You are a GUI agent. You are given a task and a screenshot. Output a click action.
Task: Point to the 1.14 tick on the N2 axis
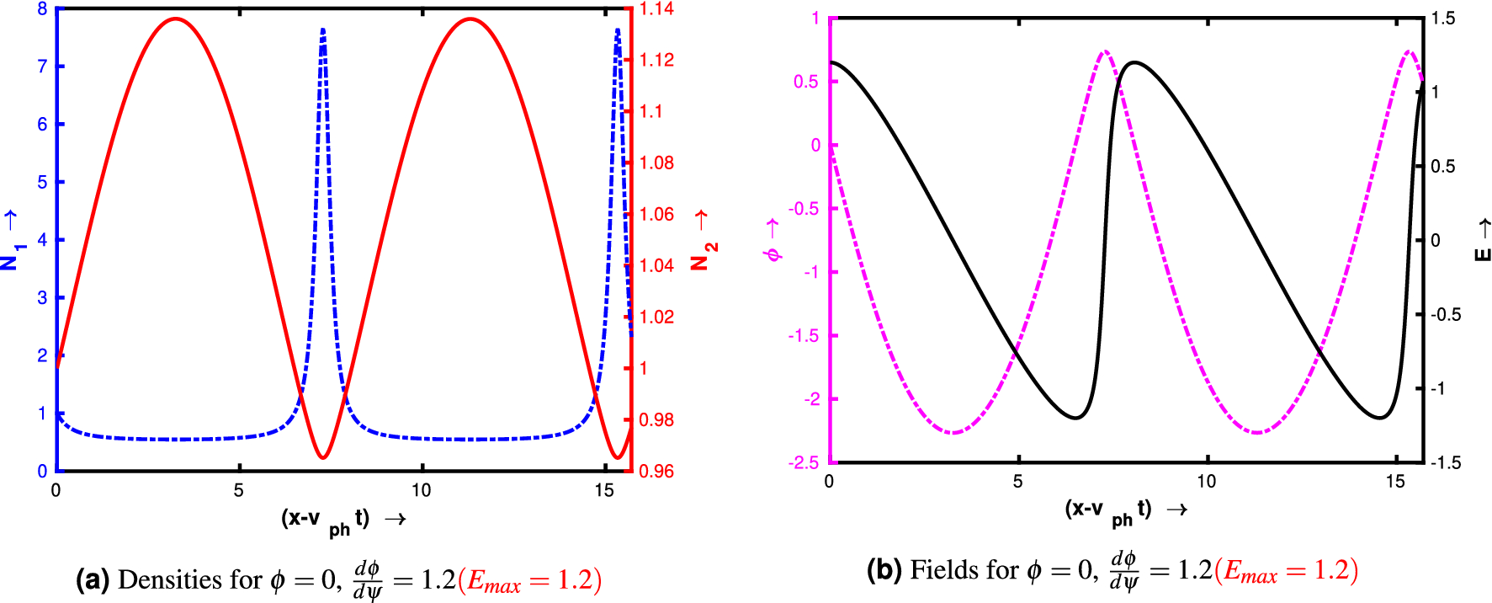(656, 9)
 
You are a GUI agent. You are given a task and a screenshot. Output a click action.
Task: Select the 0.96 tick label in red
(656, 471)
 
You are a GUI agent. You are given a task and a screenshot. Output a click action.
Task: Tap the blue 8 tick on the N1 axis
(42, 9)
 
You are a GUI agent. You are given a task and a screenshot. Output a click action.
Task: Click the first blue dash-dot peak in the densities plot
(323, 30)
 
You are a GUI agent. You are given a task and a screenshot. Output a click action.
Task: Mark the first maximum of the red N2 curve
(175, 19)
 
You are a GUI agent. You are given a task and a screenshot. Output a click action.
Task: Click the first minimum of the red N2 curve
(323, 458)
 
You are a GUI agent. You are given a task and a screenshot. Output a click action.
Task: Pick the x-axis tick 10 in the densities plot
(421, 491)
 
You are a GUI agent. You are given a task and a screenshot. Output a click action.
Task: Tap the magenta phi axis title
(773, 241)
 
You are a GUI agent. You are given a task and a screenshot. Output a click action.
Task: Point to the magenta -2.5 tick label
(804, 462)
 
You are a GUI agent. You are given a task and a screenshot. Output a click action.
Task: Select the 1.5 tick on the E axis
(1442, 19)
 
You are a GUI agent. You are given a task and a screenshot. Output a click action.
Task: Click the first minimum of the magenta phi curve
(953, 433)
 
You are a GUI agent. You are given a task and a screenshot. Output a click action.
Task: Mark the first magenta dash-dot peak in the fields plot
(1105, 51)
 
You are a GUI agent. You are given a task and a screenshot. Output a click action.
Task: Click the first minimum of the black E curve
(1076, 418)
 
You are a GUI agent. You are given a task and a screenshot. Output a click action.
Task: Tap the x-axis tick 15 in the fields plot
(1395, 482)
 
